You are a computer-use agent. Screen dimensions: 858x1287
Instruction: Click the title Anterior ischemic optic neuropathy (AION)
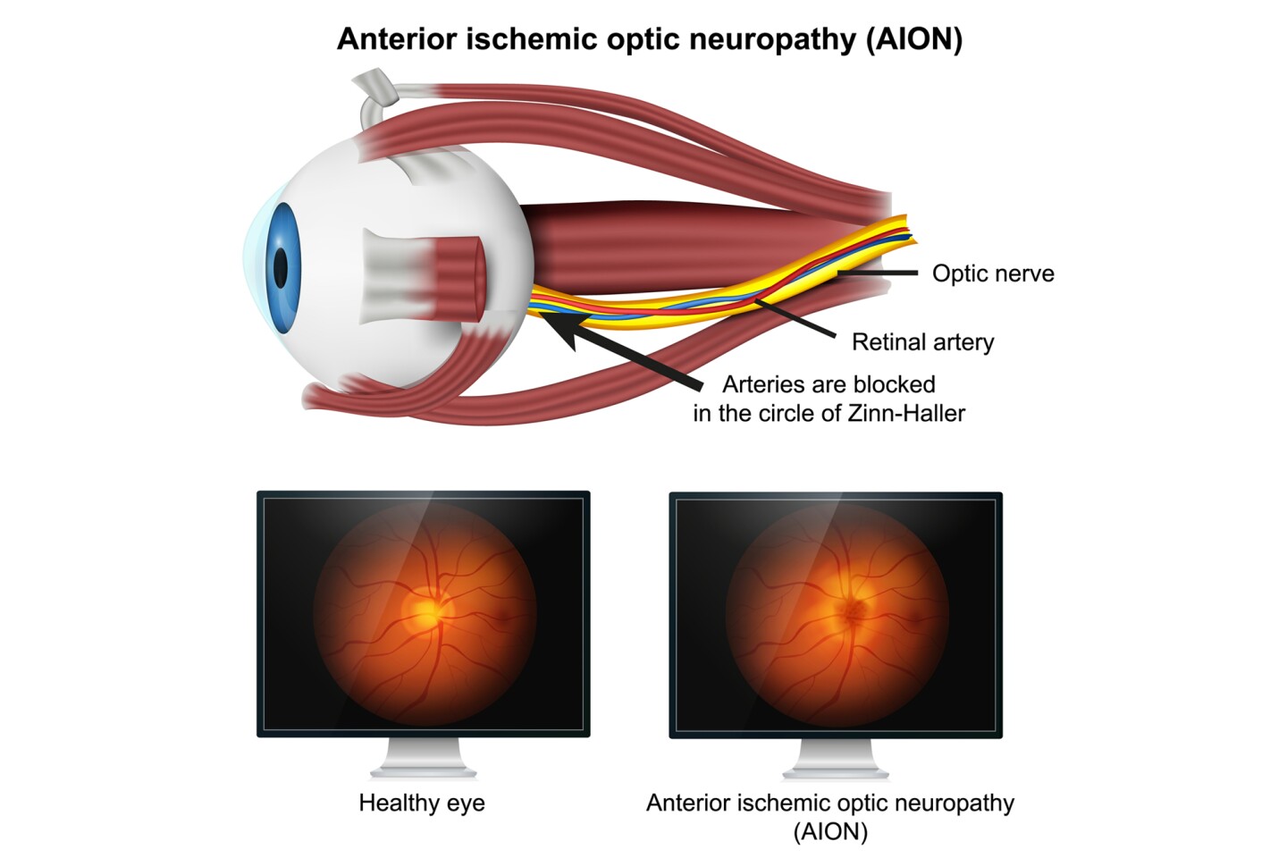[x=649, y=39]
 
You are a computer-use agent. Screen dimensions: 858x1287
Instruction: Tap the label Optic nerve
[x=992, y=273]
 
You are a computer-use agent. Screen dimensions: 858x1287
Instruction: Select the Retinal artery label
[x=922, y=342]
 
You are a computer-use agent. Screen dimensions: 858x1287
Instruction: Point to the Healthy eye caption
[x=422, y=803]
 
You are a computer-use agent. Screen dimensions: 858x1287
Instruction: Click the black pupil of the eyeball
[x=281, y=267]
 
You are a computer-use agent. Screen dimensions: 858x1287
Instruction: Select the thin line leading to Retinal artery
[x=795, y=320]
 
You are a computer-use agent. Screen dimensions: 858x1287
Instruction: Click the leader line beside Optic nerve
[x=880, y=273]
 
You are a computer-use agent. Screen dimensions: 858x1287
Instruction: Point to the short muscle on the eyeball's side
[x=429, y=276]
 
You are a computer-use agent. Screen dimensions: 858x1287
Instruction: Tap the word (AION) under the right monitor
[x=830, y=832]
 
